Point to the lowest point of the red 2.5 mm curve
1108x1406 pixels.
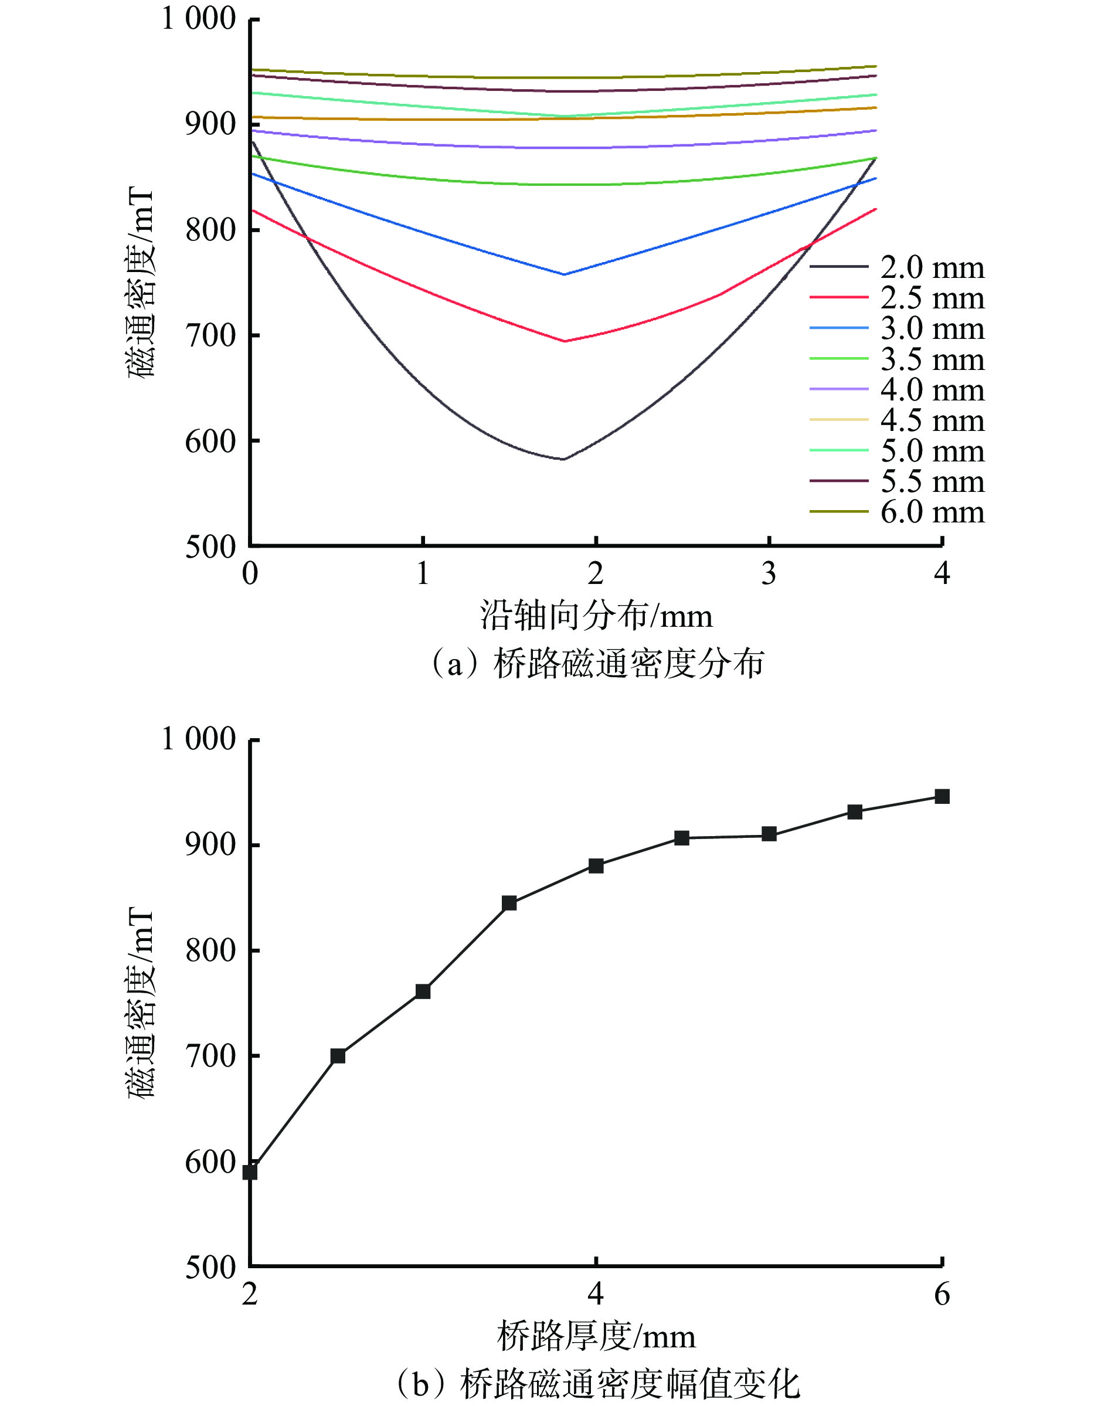point(565,341)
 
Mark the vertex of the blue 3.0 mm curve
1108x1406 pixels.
point(564,274)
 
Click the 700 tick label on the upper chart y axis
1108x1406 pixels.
point(210,335)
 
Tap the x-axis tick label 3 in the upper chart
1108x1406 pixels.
point(769,573)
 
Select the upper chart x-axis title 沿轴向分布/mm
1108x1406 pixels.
point(596,615)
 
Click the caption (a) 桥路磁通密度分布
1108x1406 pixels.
point(597,664)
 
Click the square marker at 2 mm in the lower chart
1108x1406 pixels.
point(250,1173)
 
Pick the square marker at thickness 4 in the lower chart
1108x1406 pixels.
point(596,865)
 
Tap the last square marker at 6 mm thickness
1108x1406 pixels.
point(942,796)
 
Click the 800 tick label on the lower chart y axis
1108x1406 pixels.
point(210,950)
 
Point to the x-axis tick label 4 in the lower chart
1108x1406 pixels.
point(596,1295)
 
